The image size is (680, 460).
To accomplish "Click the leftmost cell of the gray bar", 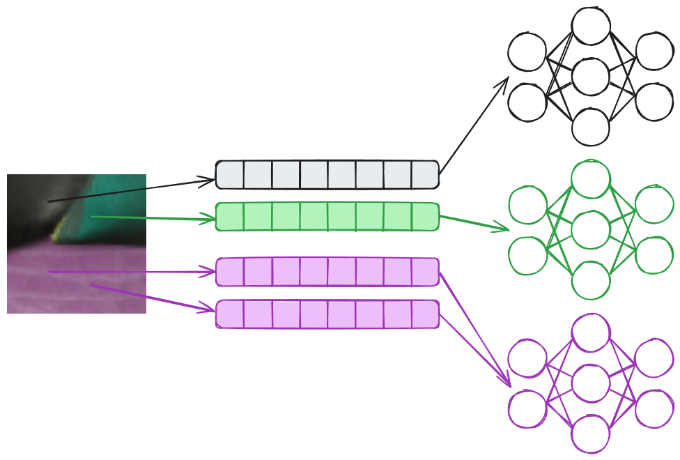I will click(230, 174).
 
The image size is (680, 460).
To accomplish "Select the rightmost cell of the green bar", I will click(425, 216).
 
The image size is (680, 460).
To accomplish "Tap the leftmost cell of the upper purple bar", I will click(230, 272).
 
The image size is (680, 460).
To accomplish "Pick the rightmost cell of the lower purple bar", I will click(425, 314).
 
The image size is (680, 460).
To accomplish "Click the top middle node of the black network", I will click(591, 26).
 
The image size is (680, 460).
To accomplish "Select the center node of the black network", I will click(591, 77).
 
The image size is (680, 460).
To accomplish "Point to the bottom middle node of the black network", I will click(591, 127).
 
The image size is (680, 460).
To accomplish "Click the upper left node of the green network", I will click(527, 205).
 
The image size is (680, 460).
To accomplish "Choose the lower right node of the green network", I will click(654, 255).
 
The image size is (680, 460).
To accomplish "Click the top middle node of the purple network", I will click(591, 332).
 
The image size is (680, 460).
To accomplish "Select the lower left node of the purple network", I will click(527, 408).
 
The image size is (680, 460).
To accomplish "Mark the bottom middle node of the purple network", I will click(591, 434).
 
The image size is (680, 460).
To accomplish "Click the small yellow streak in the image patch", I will click(61, 224).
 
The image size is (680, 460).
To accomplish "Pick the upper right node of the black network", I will click(654, 51).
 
